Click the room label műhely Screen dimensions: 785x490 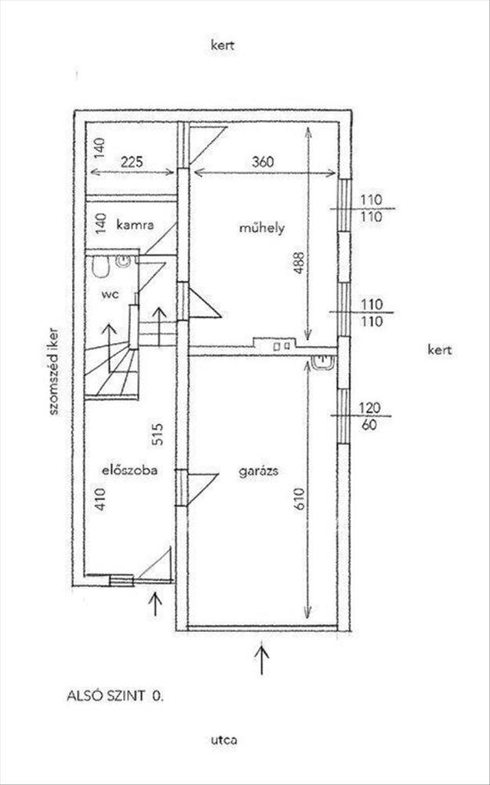261,228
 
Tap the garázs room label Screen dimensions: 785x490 261,472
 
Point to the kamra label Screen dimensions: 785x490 132,225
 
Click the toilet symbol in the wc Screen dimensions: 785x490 100,268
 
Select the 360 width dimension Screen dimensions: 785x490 263,162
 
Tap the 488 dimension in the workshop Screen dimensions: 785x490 297,265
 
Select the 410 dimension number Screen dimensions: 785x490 100,498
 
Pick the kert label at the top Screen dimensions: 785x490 223,46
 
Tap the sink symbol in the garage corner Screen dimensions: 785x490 322,361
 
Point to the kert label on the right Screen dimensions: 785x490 440,349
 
